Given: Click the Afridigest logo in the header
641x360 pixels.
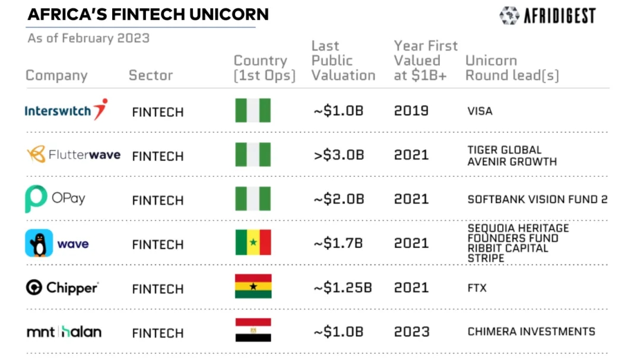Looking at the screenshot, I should [547, 16].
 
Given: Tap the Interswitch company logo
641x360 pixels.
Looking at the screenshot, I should [66, 110].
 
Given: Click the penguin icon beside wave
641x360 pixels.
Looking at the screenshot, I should [39, 243].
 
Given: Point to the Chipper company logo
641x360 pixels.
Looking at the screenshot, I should [62, 288].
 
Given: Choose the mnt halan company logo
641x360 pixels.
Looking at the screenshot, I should [64, 332].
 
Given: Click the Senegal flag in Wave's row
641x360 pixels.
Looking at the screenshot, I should [253, 243].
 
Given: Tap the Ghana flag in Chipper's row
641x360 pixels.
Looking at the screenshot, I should [253, 286].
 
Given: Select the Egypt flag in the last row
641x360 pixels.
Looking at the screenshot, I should [253, 330].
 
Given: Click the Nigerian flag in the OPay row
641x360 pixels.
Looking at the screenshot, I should [253, 199].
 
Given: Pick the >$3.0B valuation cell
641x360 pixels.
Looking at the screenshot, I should [338, 155].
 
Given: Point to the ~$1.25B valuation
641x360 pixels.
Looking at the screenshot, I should [342, 288].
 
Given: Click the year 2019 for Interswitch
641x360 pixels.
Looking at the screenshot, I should [411, 111].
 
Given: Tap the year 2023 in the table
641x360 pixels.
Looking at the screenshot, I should [411, 332].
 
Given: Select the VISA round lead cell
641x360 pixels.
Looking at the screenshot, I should [480, 111].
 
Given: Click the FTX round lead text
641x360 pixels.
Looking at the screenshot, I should [477, 288].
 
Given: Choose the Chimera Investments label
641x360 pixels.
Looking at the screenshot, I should [531, 332].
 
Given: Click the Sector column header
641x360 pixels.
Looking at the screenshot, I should [151, 75].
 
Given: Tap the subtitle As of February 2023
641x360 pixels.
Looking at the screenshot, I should [88, 39].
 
